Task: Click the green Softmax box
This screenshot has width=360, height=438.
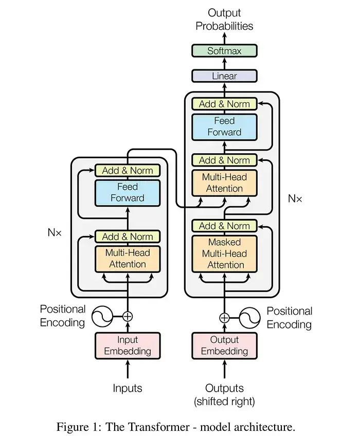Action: point(224,51)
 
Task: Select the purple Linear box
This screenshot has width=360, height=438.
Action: point(224,76)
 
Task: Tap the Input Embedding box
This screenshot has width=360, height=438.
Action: point(128,345)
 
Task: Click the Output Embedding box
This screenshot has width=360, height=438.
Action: point(224,345)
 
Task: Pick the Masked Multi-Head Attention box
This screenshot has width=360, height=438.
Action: point(224,253)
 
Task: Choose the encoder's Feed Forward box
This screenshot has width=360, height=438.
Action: point(128,192)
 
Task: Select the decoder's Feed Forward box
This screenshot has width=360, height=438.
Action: point(224,126)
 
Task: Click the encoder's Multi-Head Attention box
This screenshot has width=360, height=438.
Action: point(128,259)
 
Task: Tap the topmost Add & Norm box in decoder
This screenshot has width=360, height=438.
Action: point(224,104)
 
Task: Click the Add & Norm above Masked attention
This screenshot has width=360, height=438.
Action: point(224,226)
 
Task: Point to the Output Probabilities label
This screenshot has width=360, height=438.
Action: point(224,19)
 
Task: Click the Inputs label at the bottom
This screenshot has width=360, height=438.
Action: point(128,388)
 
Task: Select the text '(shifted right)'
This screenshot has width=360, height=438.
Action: point(224,401)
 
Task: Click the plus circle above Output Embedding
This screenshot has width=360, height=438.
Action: point(224,317)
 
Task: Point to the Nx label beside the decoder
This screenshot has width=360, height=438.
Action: point(295,198)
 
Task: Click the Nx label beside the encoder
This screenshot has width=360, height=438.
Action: point(55,232)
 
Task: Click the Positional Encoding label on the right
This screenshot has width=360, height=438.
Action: point(289,318)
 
